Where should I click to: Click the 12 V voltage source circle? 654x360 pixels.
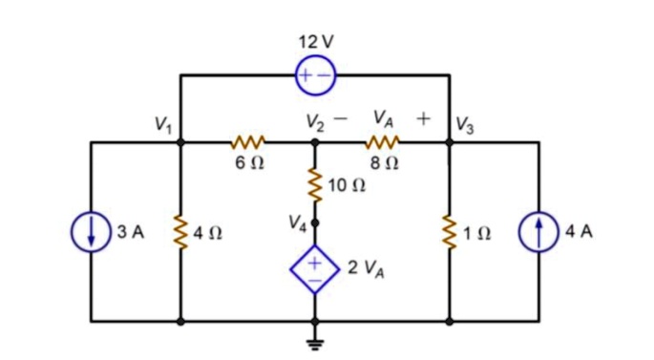click(315, 75)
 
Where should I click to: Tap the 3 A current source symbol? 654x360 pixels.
click(93, 233)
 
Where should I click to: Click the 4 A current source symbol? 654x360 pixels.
click(538, 233)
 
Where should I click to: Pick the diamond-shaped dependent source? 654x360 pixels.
click(315, 267)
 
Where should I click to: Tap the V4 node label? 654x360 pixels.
click(297, 224)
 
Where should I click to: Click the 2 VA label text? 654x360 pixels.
click(369, 267)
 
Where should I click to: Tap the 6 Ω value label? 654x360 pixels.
click(246, 163)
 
